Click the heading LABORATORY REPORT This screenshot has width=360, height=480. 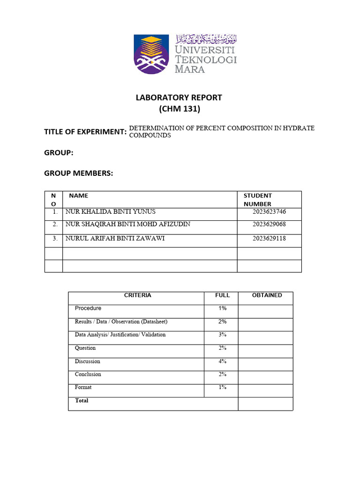tap(179, 97)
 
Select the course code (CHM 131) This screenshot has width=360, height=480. tap(179, 109)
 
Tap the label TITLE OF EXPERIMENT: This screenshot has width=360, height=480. tap(85, 132)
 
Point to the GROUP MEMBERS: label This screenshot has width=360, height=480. tap(79, 173)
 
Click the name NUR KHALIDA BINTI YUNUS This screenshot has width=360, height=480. tap(110, 212)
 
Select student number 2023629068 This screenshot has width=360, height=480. tap(269, 225)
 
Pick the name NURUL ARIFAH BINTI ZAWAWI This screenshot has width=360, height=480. tap(115, 239)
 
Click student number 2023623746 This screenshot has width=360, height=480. tap(269, 212)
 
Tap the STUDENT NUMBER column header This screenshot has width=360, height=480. tap(257, 200)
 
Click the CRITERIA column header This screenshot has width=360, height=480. tap(137, 295)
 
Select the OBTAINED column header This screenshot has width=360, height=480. tap(267, 295)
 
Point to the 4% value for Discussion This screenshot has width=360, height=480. tap(222, 361)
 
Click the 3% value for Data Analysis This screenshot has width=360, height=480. tap(222, 335)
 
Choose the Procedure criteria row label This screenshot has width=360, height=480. tap(88, 308)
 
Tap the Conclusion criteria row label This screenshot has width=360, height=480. tap(88, 375)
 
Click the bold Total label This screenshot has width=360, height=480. tap(82, 401)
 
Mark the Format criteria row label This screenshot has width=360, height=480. tap(83, 388)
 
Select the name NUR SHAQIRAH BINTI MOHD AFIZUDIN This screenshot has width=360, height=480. tap(127, 225)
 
